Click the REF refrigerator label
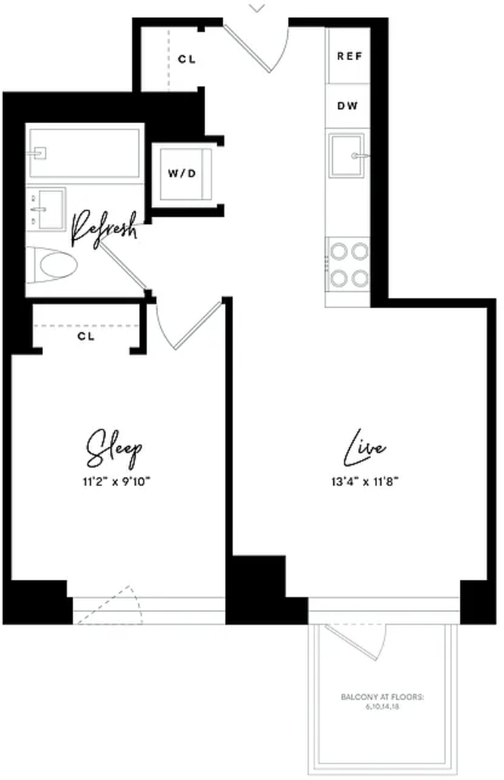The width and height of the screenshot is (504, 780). (349, 56)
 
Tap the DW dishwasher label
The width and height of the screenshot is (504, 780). (347, 105)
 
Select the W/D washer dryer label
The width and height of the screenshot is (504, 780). (182, 173)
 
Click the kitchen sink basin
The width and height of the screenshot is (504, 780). (346, 155)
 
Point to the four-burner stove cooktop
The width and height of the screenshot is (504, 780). (349, 264)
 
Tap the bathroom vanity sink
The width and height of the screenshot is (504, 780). (46, 209)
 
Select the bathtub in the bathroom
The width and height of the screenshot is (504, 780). (85, 152)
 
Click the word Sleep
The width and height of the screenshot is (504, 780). (114, 449)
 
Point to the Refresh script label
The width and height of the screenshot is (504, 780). (104, 229)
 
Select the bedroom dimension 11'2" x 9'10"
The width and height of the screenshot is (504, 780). (116, 481)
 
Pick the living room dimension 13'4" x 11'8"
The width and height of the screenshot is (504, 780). (365, 481)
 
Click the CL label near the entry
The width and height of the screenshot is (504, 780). (187, 59)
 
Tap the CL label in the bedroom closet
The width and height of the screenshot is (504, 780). (85, 336)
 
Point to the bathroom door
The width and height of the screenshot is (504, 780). (123, 266)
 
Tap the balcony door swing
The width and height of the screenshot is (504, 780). (356, 642)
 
